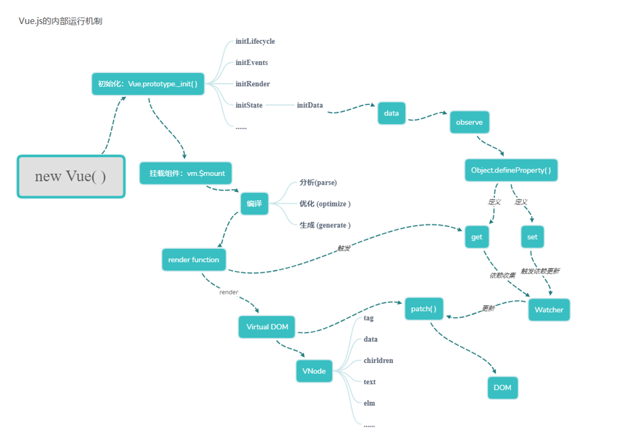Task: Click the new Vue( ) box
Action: pos(70,177)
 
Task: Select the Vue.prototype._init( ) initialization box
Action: pos(147,84)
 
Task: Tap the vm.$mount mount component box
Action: pos(186,173)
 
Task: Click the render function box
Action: pos(193,259)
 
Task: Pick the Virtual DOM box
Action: pos(267,327)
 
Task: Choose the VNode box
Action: pos(314,371)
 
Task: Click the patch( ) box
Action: pos(424,309)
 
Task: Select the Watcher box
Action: pos(548,309)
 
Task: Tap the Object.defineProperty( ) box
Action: pos(511,170)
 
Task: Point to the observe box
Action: pos(469,123)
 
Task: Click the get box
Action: pos(476,237)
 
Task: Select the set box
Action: pos(532,237)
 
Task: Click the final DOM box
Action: pos(502,388)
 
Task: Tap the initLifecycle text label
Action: pos(255,41)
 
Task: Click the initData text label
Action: pos(310,105)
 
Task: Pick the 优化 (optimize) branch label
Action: pos(325,204)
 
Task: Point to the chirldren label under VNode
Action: pos(378,360)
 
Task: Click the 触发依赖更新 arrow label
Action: pos(540,271)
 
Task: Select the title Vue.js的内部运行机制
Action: pos(60,21)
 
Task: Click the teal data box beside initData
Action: pos(391,113)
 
